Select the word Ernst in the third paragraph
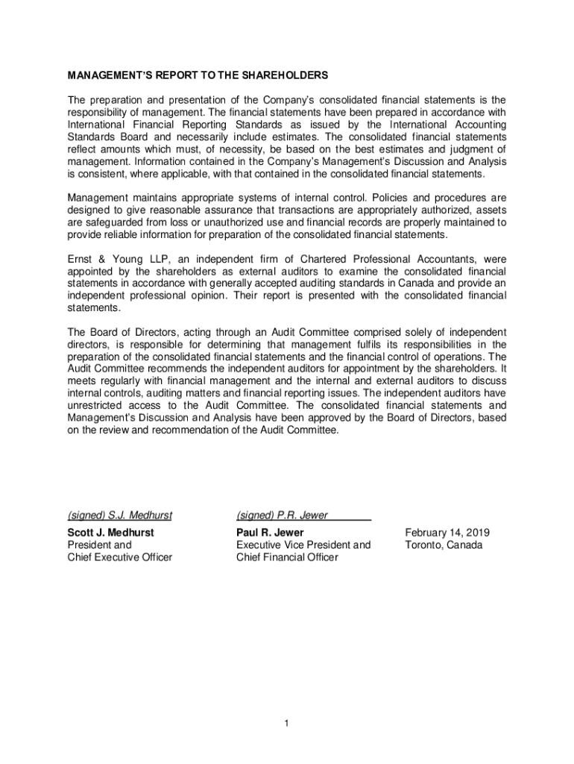[x=81, y=259]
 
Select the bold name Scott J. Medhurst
[x=110, y=533]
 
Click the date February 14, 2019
[x=447, y=533]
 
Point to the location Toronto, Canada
[x=444, y=545]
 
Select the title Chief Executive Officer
[x=120, y=557]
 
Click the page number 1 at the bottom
[x=286, y=724]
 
